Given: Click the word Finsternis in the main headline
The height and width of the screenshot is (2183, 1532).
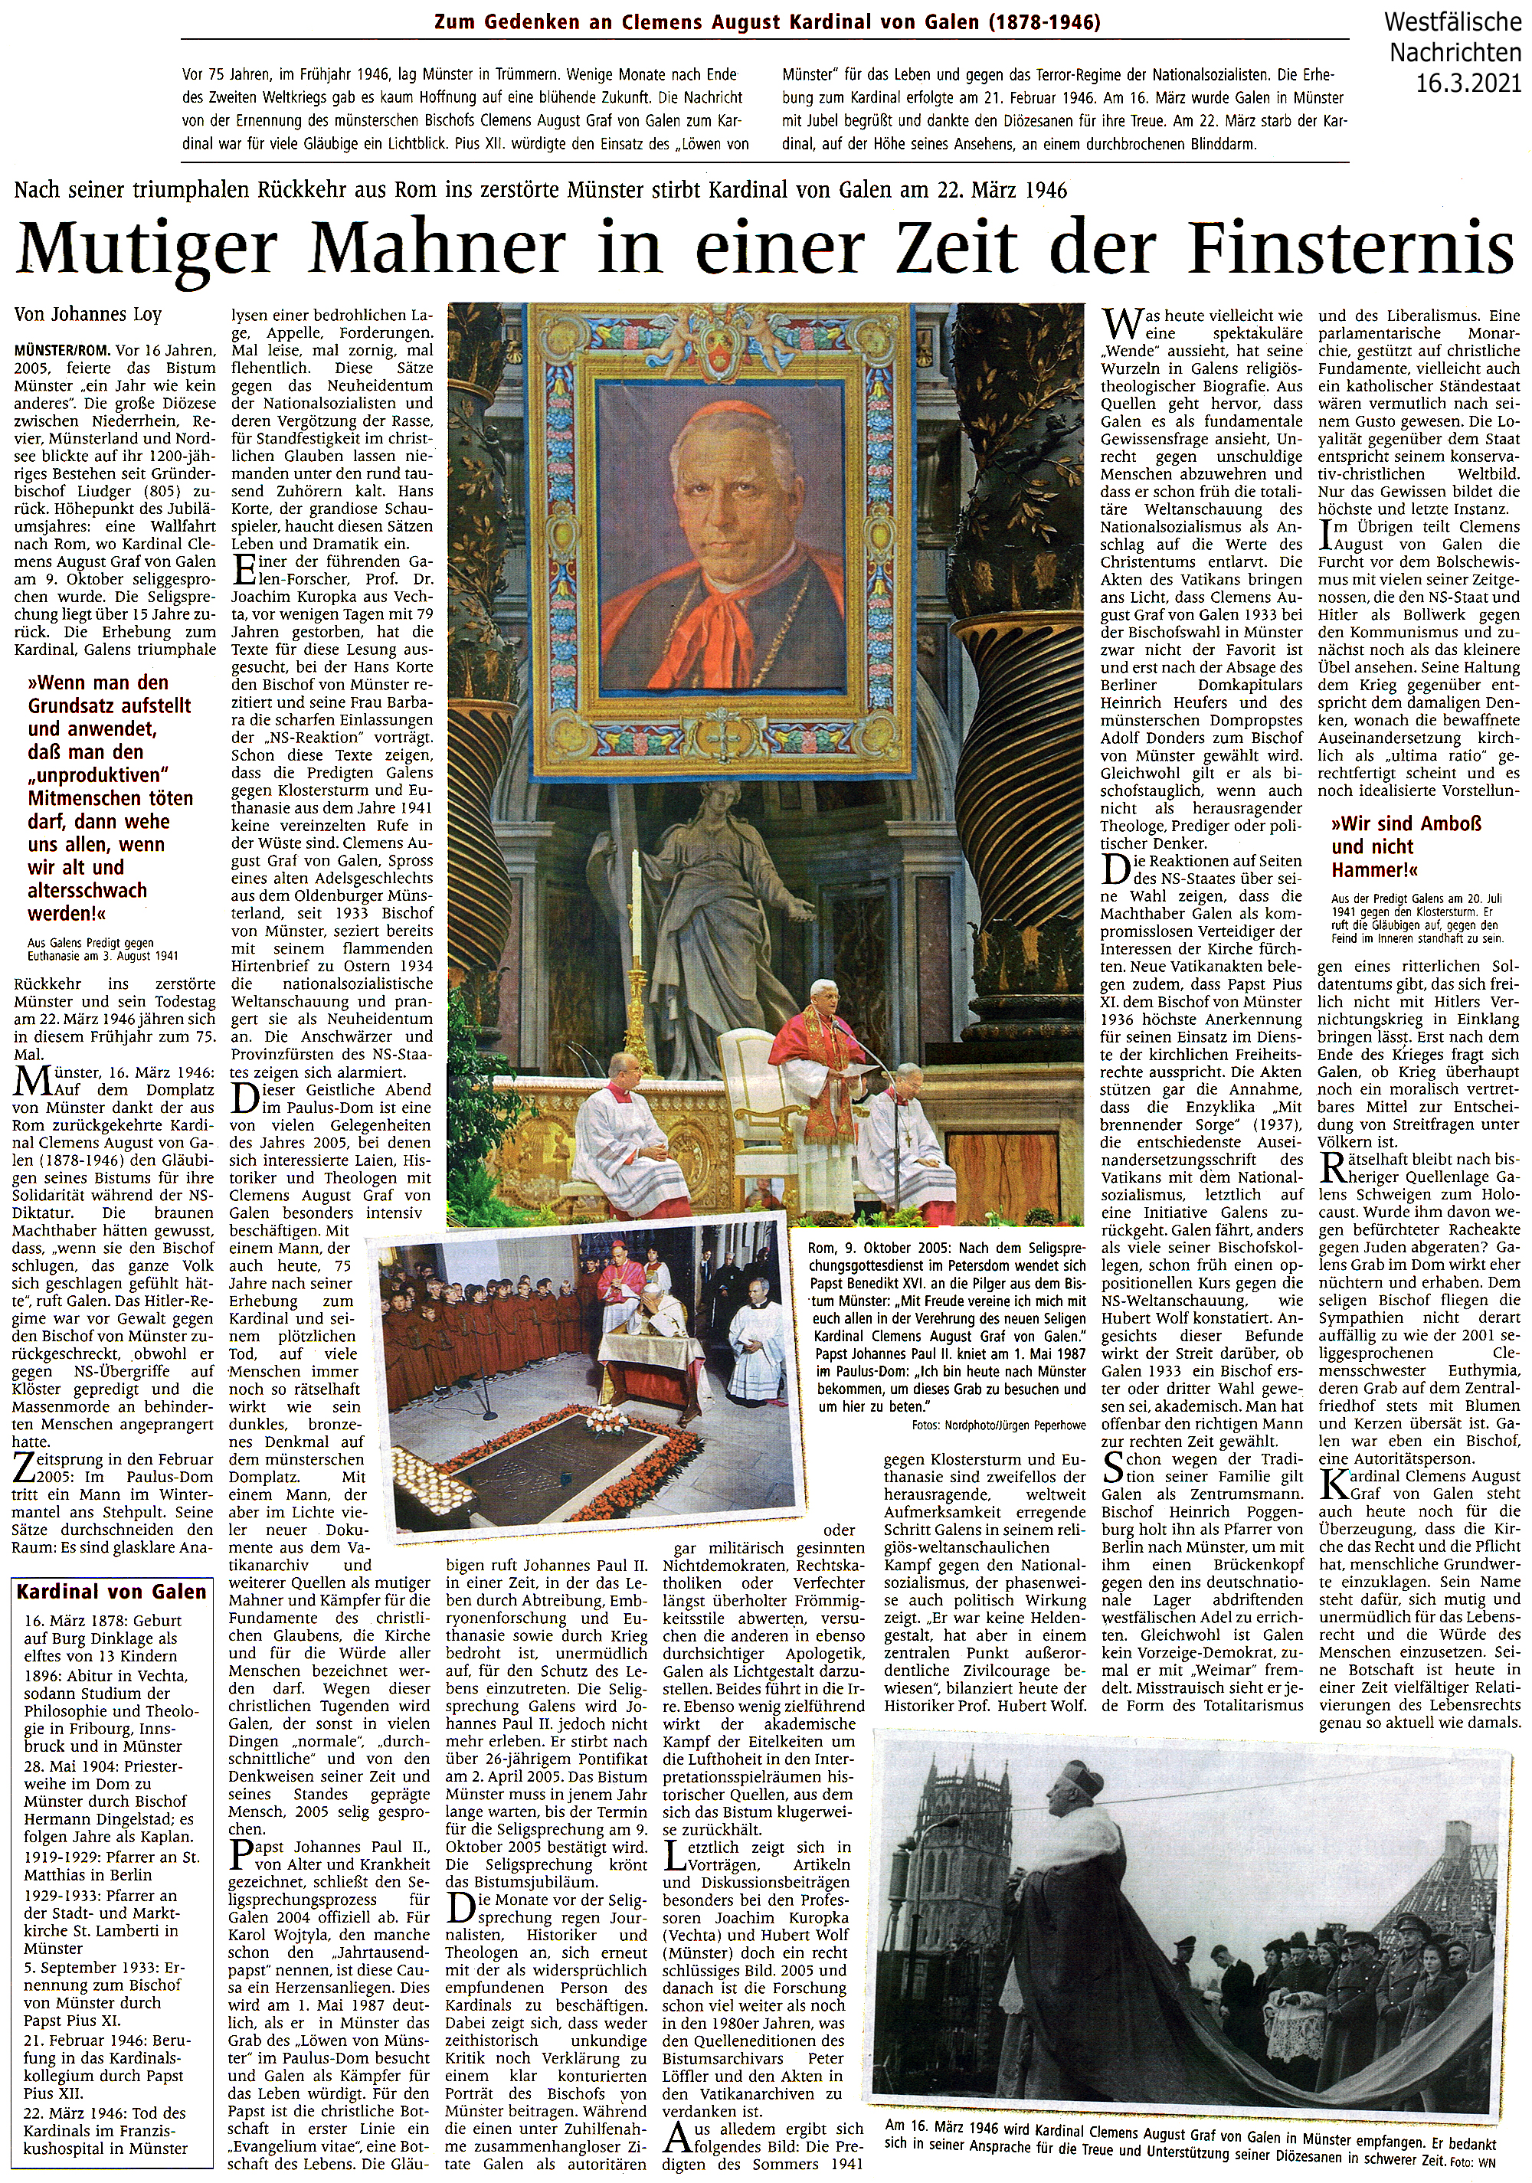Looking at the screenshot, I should click(1351, 249).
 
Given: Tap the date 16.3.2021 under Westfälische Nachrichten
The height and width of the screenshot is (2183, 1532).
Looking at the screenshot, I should click(1468, 83).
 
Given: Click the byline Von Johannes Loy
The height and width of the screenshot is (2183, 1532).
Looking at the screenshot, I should click(87, 314).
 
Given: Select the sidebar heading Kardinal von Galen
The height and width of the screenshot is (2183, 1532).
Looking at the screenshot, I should click(111, 1592).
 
